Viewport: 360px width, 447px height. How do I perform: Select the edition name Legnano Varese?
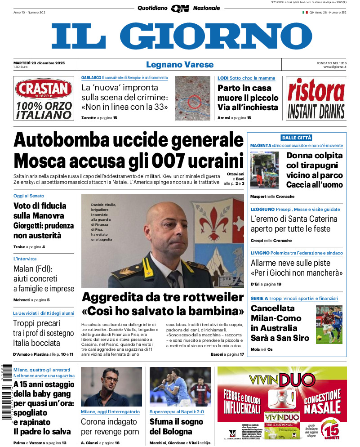(x=180, y=65)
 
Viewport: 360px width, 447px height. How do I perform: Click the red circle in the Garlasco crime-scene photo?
(x=194, y=102)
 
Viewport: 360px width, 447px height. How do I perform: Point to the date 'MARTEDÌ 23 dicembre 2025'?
(x=39, y=63)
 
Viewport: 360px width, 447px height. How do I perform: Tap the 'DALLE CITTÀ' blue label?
(x=296, y=138)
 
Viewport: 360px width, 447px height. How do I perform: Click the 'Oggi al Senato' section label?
(x=29, y=196)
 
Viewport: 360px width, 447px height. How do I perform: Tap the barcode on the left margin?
(x=6, y=391)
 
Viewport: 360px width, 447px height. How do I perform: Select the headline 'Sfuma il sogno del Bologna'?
(x=176, y=427)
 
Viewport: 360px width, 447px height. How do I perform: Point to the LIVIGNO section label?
(x=260, y=253)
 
